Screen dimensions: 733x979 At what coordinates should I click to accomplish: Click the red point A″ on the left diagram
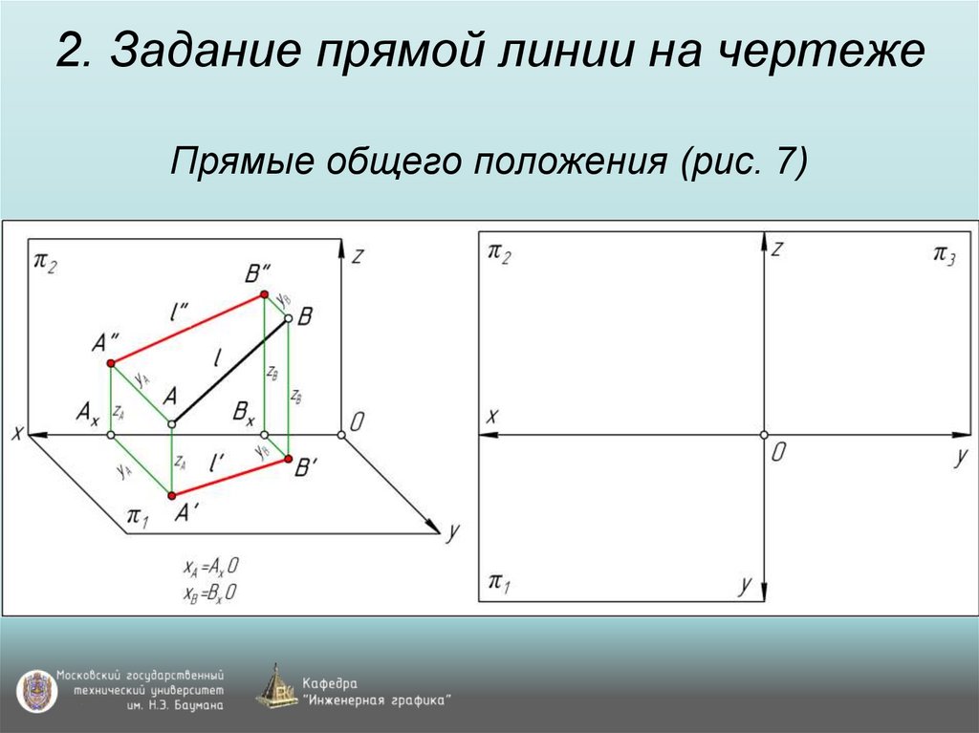coord(111,362)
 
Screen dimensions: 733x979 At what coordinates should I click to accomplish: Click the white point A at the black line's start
coord(172,423)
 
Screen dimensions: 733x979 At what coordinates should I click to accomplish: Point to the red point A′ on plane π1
coord(172,495)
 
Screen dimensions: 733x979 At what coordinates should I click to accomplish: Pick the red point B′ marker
coord(287,460)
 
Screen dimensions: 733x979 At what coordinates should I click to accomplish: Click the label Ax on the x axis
coord(88,413)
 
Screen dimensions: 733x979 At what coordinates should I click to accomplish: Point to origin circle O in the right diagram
coord(764,435)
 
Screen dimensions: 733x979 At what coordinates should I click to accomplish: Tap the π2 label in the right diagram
coord(499,254)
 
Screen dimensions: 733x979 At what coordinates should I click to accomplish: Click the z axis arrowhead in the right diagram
coord(764,241)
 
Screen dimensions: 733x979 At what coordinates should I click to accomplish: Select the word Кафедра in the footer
coord(330,683)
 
